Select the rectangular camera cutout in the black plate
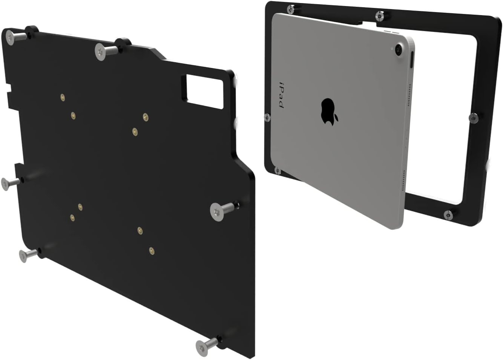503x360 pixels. [x=204, y=87]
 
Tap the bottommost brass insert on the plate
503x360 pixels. [x=151, y=250]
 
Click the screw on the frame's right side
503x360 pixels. [x=473, y=118]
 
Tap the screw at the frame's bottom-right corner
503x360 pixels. [x=448, y=215]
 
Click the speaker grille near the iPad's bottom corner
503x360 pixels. [x=404, y=181]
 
